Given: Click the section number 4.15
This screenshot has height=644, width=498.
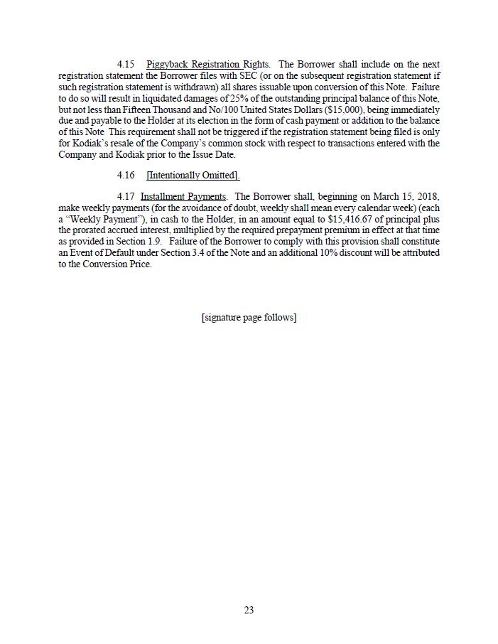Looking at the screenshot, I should coord(126,65).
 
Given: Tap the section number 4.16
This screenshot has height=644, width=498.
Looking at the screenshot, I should coord(126,176).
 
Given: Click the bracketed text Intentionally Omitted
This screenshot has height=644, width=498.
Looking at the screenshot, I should coord(193,176).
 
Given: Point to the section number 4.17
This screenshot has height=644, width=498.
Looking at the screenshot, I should coord(126,196).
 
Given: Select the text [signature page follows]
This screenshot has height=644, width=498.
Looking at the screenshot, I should coord(249,317).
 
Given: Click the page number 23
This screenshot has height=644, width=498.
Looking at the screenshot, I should coord(249,610).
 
